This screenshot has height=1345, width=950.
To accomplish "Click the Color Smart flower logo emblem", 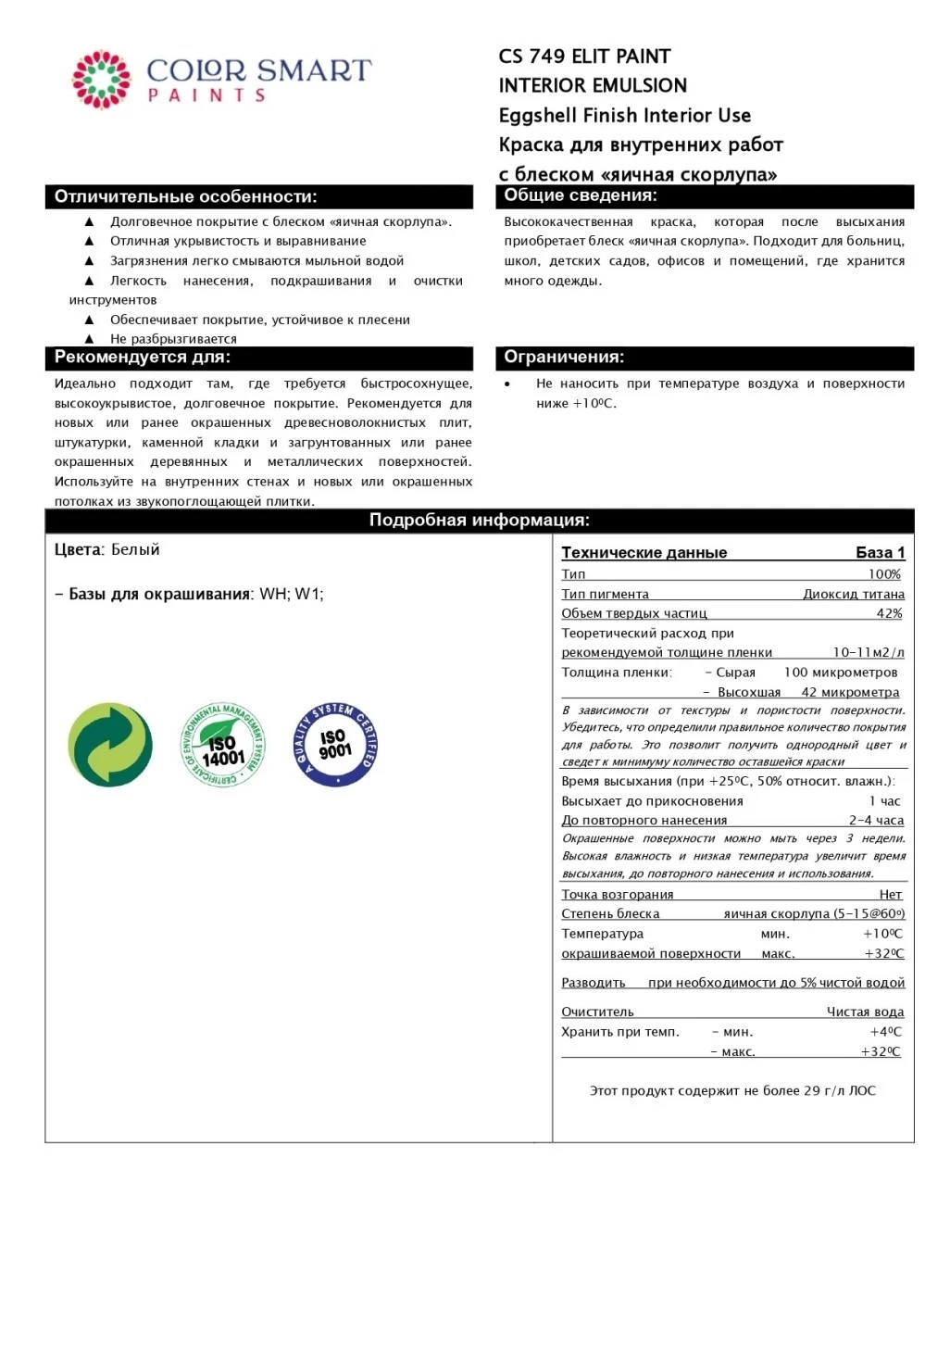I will [x=102, y=80].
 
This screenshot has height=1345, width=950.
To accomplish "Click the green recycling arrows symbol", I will [x=110, y=745].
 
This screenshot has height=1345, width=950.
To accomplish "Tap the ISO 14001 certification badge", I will [x=223, y=745].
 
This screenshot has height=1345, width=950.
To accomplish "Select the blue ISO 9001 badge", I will [x=335, y=745].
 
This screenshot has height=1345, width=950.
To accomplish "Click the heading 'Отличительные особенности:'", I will [x=185, y=196].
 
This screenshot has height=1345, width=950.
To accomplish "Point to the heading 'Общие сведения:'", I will [x=581, y=195].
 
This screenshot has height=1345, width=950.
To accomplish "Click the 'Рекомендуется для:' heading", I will [x=143, y=358].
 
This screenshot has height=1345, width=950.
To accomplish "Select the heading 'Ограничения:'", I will [x=564, y=358].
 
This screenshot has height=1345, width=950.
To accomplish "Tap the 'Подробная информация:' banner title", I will [x=480, y=521].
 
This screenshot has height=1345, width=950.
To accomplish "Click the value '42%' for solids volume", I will [x=889, y=613].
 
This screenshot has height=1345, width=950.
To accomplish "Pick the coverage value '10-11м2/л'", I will [x=868, y=652].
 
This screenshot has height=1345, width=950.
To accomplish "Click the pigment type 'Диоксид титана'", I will [x=853, y=594].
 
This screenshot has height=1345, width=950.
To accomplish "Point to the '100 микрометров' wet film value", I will [x=841, y=672].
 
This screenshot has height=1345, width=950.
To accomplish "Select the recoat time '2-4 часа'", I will [x=876, y=820].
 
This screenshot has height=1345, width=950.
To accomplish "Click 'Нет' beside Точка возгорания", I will [x=890, y=894].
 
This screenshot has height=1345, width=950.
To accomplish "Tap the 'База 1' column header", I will [x=880, y=553].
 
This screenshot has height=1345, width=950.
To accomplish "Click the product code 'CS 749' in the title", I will [x=531, y=57].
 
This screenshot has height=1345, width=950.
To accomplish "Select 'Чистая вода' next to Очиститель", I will [x=865, y=1012].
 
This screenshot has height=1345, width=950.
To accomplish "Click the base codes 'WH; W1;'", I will [x=292, y=594].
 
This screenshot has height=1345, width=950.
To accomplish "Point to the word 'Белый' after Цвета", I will [x=135, y=549].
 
